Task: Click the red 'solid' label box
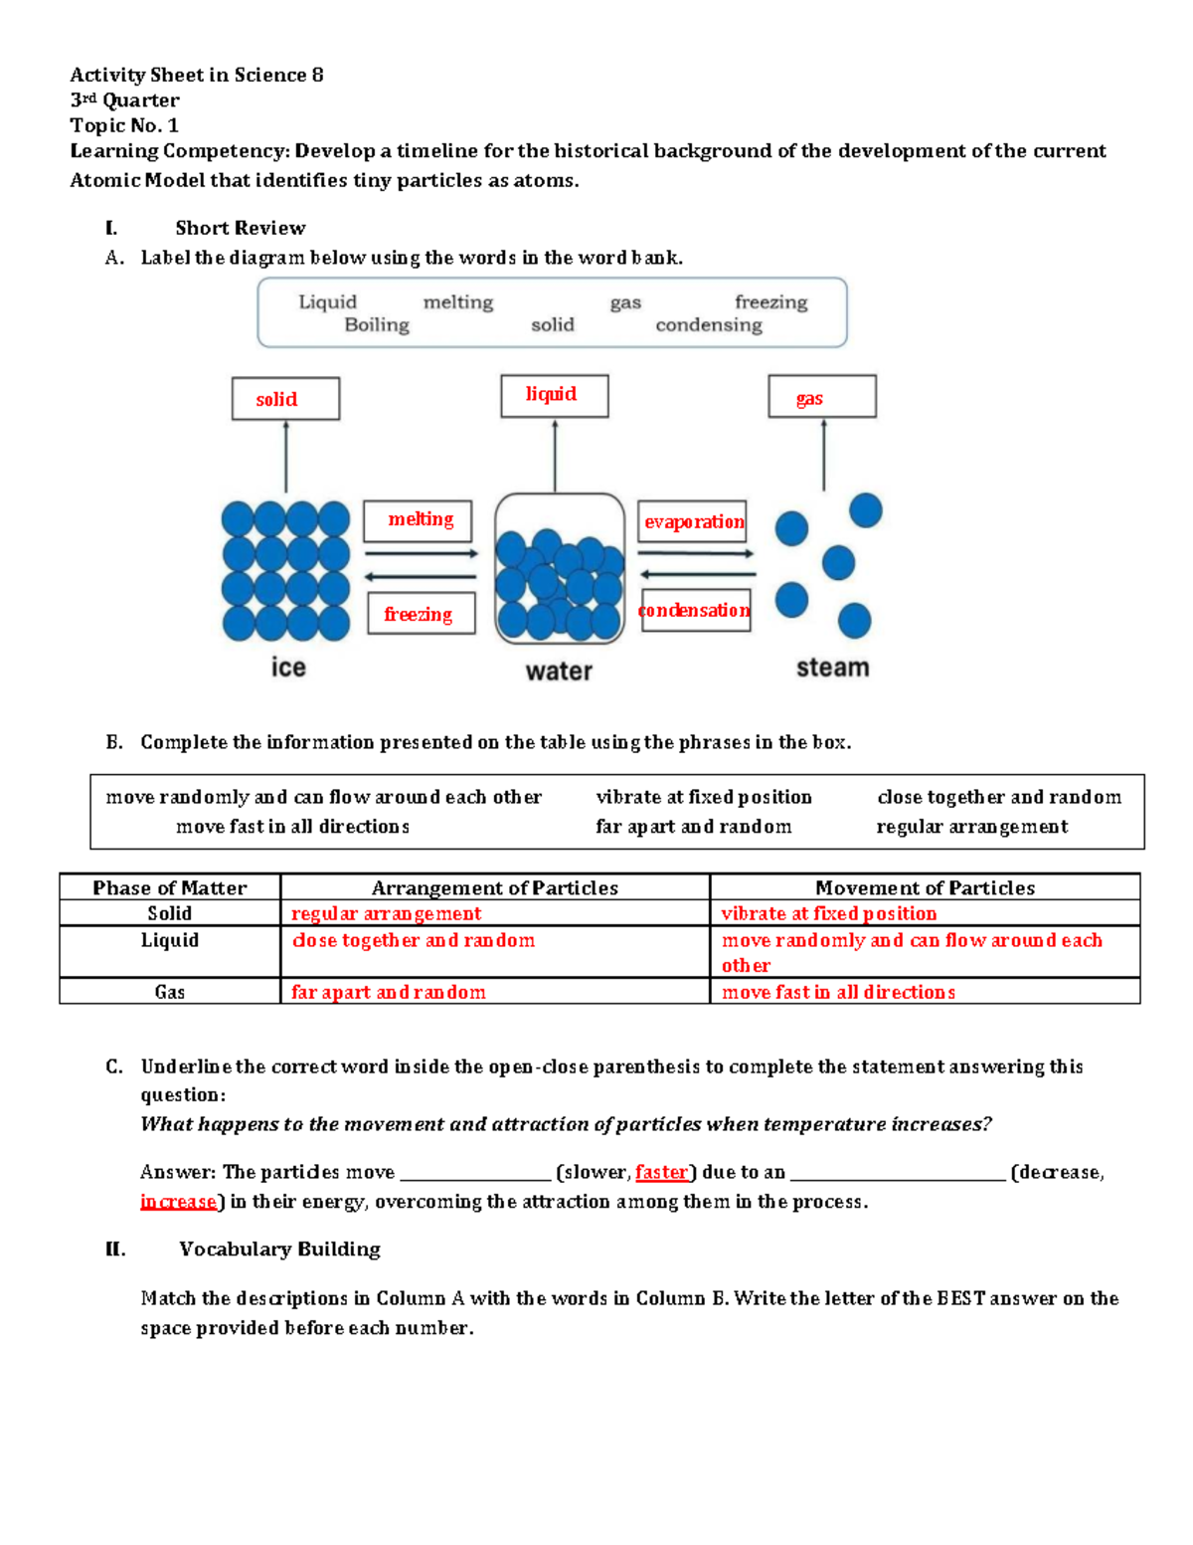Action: coord(285,399)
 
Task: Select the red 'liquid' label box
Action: coord(554,395)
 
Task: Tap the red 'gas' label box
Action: coord(821,397)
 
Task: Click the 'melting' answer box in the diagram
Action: coord(418,520)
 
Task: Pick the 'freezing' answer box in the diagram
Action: coord(421,614)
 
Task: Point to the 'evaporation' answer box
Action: coord(692,521)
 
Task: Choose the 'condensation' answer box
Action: coord(695,610)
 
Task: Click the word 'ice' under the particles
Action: coord(288,667)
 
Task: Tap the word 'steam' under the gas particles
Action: coord(832,668)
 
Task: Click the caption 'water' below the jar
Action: coord(559,672)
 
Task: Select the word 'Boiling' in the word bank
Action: coord(377,325)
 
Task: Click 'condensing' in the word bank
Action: coord(709,325)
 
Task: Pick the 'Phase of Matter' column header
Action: coord(170,887)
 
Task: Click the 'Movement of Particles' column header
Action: coord(925,887)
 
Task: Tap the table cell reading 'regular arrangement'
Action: coord(386,913)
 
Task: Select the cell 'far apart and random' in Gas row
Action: coord(389,992)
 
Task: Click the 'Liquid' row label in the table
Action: coord(170,940)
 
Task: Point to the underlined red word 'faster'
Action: coord(661,1172)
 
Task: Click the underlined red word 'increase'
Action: coord(179,1202)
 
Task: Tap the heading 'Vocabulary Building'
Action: coord(279,1250)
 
